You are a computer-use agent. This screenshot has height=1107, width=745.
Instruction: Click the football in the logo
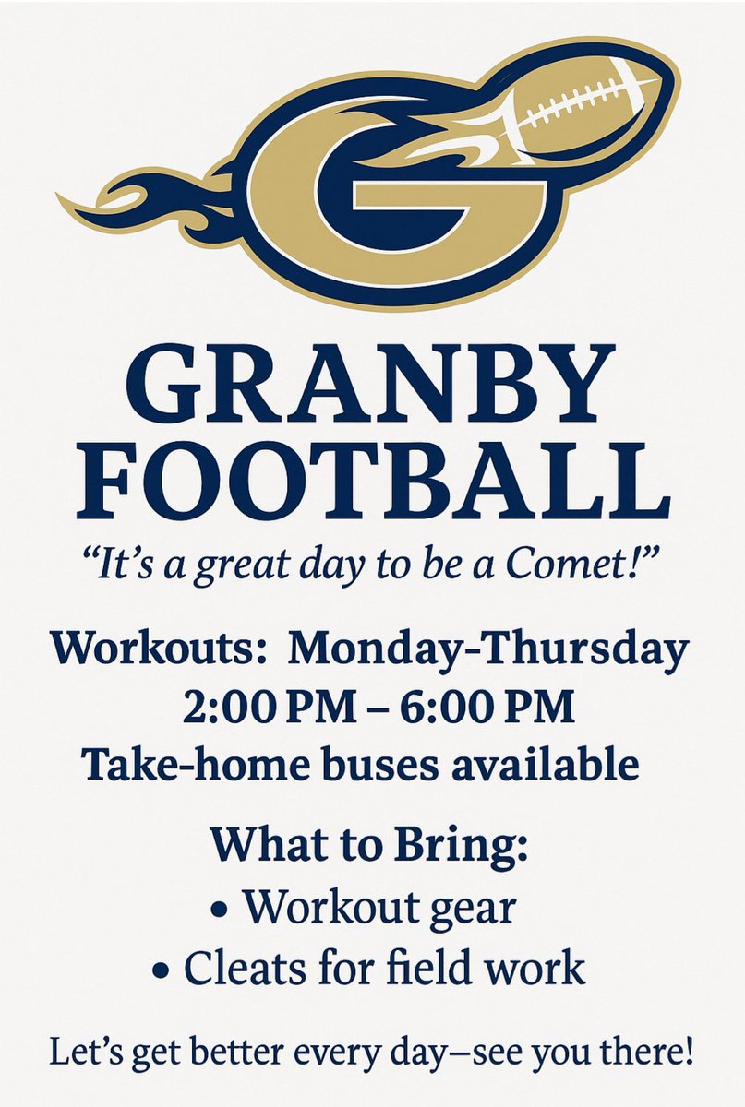pyautogui.click(x=591, y=106)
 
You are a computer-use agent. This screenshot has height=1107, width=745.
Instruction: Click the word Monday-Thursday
pyautogui.click(x=488, y=649)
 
